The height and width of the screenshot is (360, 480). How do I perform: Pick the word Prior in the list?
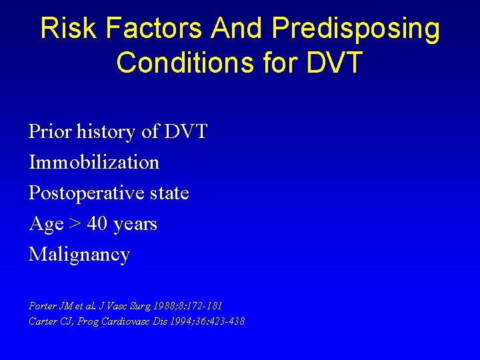coord(50,131)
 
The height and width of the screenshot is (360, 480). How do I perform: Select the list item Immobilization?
coord(94,162)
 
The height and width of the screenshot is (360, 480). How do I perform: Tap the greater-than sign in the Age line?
coord(75,224)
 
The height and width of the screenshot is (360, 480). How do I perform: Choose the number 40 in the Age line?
coord(97,224)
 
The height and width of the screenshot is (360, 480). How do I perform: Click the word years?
coord(135,225)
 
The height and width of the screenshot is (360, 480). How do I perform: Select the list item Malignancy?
coord(79,255)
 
